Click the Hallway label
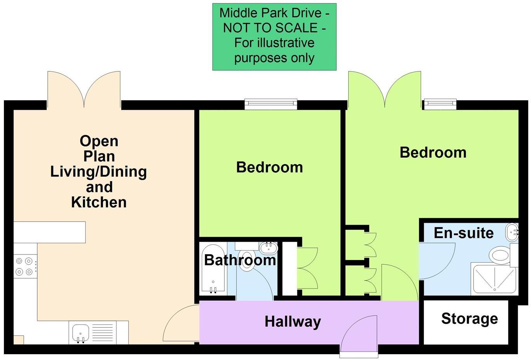293,322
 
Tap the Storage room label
469,318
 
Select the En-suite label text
463,233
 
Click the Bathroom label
240,260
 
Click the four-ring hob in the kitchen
25,266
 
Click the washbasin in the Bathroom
268,247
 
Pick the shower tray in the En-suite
494,279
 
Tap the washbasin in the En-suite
512,232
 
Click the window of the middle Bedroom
271,104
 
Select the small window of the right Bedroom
439,104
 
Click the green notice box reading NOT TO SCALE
274,37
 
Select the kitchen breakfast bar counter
49,232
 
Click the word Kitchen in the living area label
99,202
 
